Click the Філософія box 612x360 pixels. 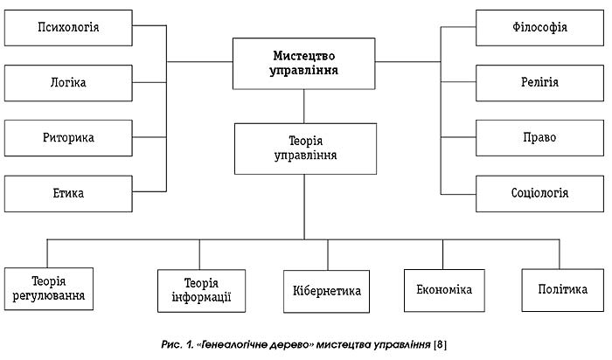(539, 27)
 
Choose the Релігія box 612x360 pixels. (539, 82)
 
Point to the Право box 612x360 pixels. (539, 137)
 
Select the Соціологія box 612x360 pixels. (539, 192)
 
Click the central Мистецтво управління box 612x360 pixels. (304, 62)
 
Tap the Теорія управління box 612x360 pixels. (305, 148)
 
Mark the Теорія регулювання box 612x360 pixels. (49, 289)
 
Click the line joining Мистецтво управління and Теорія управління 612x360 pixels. (304, 106)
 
